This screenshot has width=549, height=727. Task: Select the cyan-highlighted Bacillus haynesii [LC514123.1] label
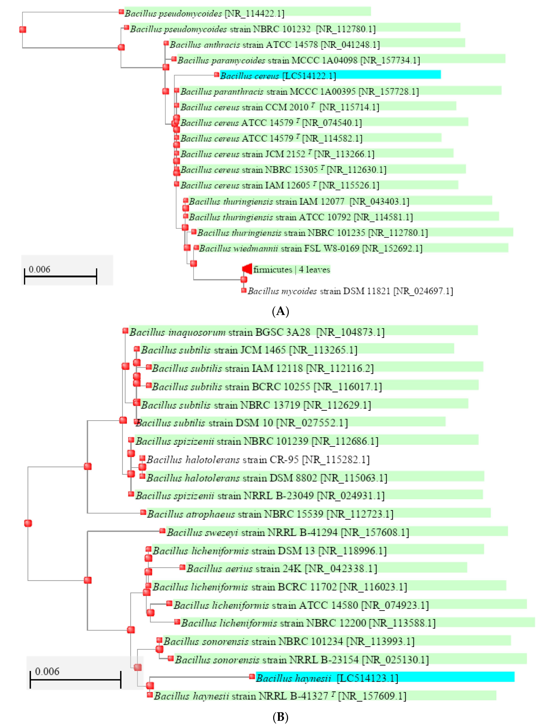(327, 678)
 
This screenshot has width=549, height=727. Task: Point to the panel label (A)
(280, 311)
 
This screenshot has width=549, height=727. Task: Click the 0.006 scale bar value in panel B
(47, 671)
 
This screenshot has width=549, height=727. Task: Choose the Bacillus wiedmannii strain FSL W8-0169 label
(310, 248)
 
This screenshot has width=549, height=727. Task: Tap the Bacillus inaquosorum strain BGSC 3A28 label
(257, 332)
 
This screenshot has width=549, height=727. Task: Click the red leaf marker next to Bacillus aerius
(182, 567)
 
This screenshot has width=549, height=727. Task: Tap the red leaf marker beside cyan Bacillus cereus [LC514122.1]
(216, 75)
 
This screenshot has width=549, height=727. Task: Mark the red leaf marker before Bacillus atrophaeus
(143, 512)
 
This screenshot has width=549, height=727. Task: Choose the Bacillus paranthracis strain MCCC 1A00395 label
(299, 92)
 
